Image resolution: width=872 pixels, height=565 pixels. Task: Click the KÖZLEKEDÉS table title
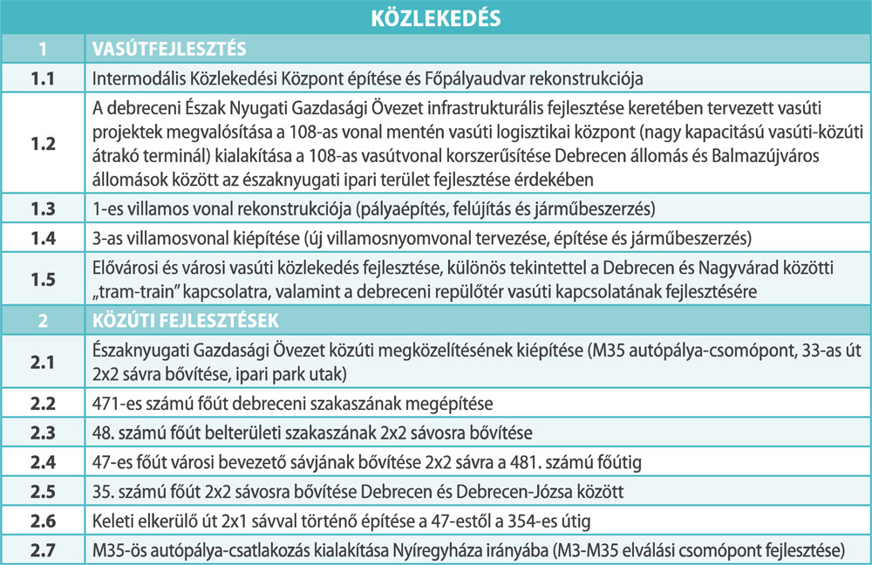click(436, 17)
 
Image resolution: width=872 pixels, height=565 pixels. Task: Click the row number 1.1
click(43, 78)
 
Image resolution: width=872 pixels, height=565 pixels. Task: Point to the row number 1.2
click(43, 144)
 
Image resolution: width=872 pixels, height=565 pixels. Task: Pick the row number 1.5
click(43, 279)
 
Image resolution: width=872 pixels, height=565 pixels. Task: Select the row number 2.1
click(43, 359)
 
